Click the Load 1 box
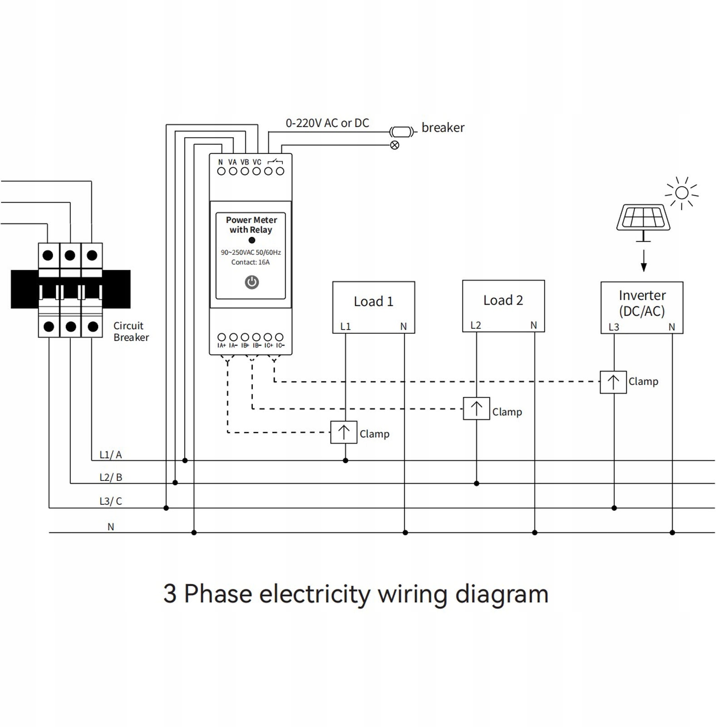pos(373,307)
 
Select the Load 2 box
pos(503,306)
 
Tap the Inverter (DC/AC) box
pos(642,307)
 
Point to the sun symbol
pos(682,193)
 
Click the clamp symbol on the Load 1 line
pos(344,432)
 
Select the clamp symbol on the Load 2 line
pos(476,408)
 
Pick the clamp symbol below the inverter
pos(613,382)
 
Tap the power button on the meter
pos(252,282)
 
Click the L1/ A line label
pos(111,455)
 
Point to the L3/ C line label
pos(111,501)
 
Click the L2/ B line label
pos(111,477)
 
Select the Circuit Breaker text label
pos(131,331)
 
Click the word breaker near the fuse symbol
pos(443,128)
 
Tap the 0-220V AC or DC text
pos(327,123)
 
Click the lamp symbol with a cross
pos(395,145)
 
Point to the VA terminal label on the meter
pos(232,162)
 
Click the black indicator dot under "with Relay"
pos(252,240)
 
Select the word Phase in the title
pos(218,594)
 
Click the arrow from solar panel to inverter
pos(643,261)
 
